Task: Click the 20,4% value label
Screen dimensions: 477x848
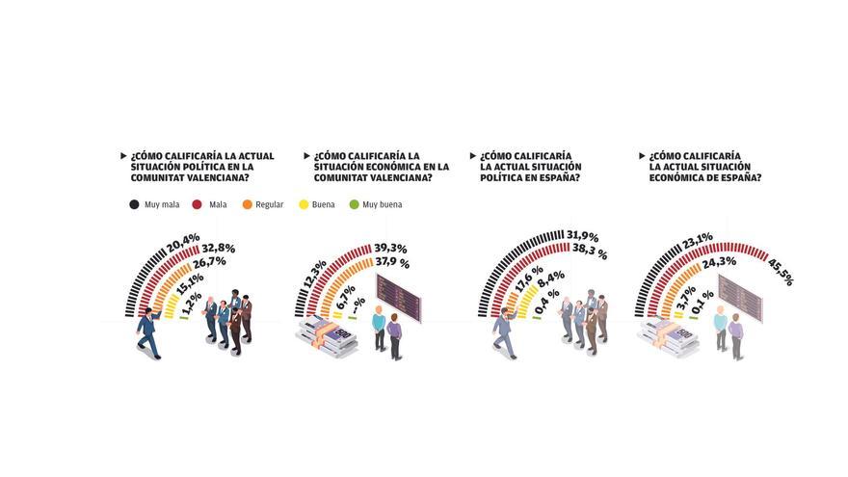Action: click(x=184, y=237)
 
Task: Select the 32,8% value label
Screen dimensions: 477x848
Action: click(x=218, y=248)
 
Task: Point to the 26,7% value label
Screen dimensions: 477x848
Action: click(x=208, y=261)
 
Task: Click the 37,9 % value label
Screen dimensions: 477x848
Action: click(x=391, y=262)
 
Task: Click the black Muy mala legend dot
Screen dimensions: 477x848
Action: click(x=134, y=204)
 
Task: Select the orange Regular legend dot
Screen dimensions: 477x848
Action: click(x=248, y=204)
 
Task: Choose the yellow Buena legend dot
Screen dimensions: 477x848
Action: click(x=304, y=204)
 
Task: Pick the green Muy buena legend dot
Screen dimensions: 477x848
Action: click(x=354, y=204)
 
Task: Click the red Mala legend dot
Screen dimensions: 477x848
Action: click(x=198, y=204)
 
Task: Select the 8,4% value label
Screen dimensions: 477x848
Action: click(x=549, y=280)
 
